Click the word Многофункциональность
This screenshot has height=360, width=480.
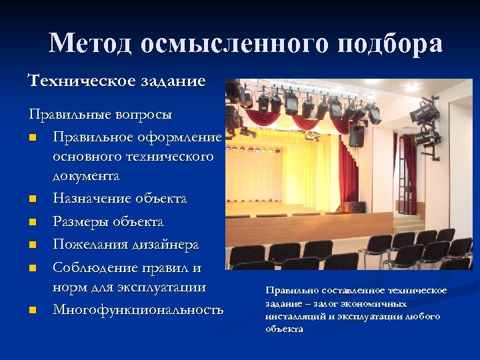coord(138,309)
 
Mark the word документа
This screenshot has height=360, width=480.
coord(86,177)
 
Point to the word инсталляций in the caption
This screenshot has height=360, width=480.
coord(293,317)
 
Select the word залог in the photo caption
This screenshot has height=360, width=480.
coord(323,303)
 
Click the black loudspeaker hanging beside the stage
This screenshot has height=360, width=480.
coord(357,136)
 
